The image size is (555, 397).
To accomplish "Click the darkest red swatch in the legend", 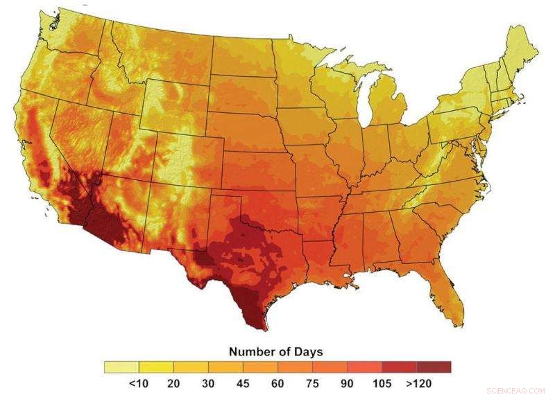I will [434, 367].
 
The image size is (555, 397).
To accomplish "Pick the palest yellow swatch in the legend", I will [121, 367].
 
